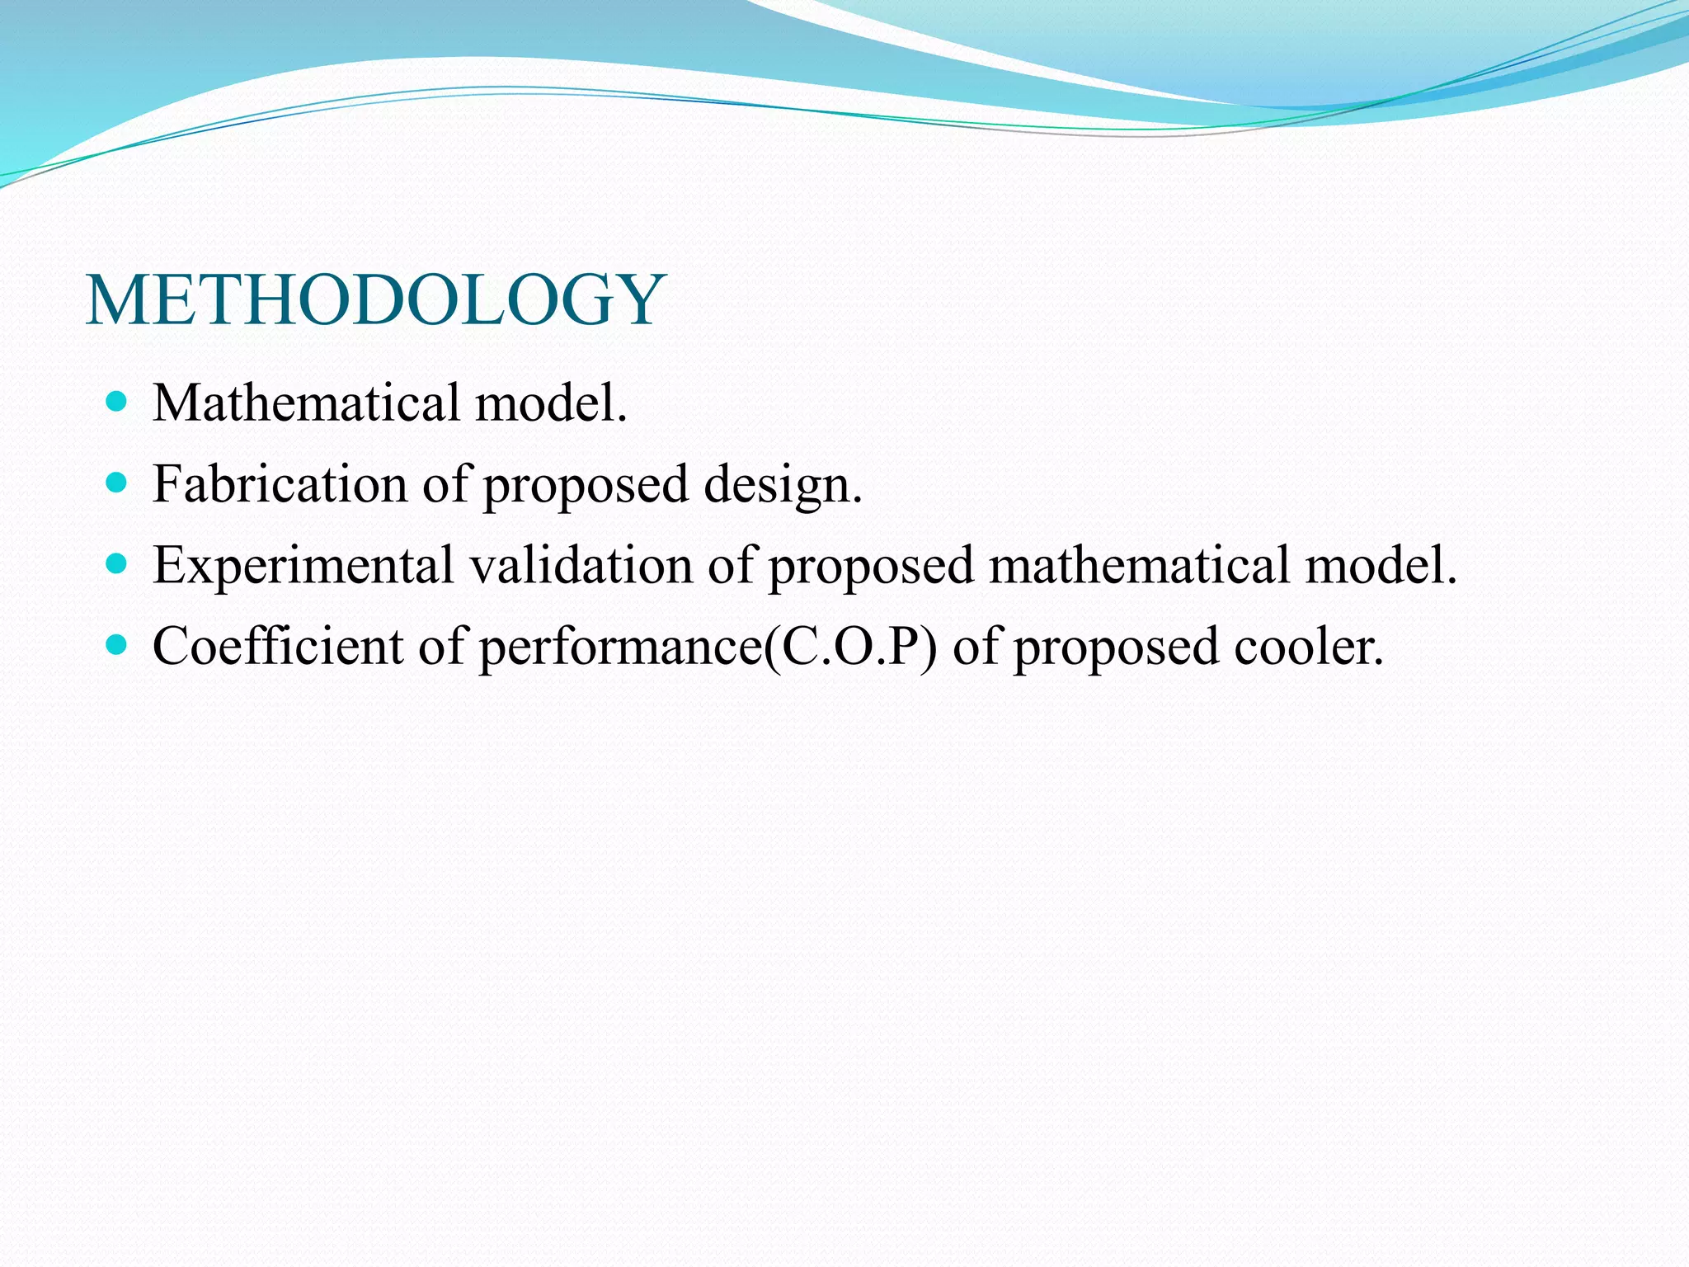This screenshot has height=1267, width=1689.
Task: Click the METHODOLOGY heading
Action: [x=375, y=300]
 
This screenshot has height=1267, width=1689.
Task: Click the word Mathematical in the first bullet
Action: [x=306, y=403]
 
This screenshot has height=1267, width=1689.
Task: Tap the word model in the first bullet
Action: [x=550, y=403]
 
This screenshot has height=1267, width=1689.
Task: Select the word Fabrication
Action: [x=280, y=484]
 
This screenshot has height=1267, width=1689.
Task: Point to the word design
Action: [x=782, y=486]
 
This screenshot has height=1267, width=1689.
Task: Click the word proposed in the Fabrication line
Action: [x=586, y=486]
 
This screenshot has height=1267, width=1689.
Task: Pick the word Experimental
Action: [x=303, y=567]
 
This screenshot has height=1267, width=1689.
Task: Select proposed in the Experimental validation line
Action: [x=871, y=567]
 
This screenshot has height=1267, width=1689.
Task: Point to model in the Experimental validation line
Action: [x=1381, y=565]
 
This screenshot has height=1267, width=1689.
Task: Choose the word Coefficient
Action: [x=277, y=646]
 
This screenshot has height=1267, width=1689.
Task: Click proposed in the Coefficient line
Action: [x=1116, y=648]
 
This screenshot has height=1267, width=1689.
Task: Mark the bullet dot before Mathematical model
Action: [x=117, y=402]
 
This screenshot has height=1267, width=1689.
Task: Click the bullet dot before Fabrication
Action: [x=117, y=483]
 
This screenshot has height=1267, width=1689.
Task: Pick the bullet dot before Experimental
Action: [x=117, y=563]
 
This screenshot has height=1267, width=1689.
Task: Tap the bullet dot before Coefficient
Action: [x=117, y=644]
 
